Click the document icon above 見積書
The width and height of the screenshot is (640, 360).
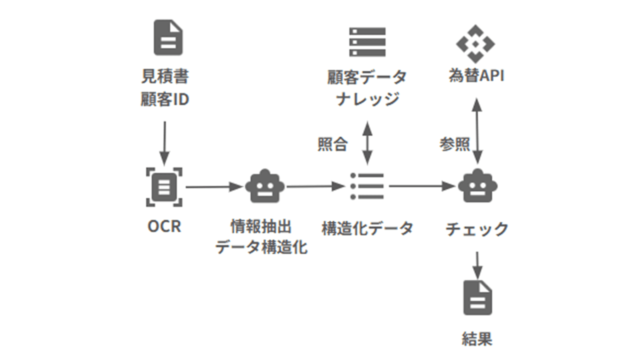[168, 38]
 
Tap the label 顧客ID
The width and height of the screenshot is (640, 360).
[164, 99]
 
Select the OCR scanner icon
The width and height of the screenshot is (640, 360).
[164, 187]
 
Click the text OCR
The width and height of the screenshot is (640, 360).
[164, 226]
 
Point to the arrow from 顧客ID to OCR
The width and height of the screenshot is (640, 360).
[164, 142]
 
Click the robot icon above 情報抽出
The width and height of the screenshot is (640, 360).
[264, 186]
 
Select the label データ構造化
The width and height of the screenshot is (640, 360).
[261, 247]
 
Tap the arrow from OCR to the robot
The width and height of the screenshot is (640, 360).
[214, 187]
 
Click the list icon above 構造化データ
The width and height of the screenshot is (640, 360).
[367, 186]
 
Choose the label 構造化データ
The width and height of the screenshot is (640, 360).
[367, 228]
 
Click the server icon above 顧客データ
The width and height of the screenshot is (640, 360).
[367, 42]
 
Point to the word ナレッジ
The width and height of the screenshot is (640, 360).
[367, 98]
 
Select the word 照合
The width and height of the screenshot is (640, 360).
[332, 144]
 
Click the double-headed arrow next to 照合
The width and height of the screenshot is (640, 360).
[367, 143]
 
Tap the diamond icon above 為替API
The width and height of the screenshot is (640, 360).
[475, 44]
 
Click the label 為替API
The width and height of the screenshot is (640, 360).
[476, 75]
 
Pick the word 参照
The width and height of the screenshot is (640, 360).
[454, 144]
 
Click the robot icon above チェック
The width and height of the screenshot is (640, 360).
[477, 186]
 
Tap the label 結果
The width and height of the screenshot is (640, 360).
[477, 339]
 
